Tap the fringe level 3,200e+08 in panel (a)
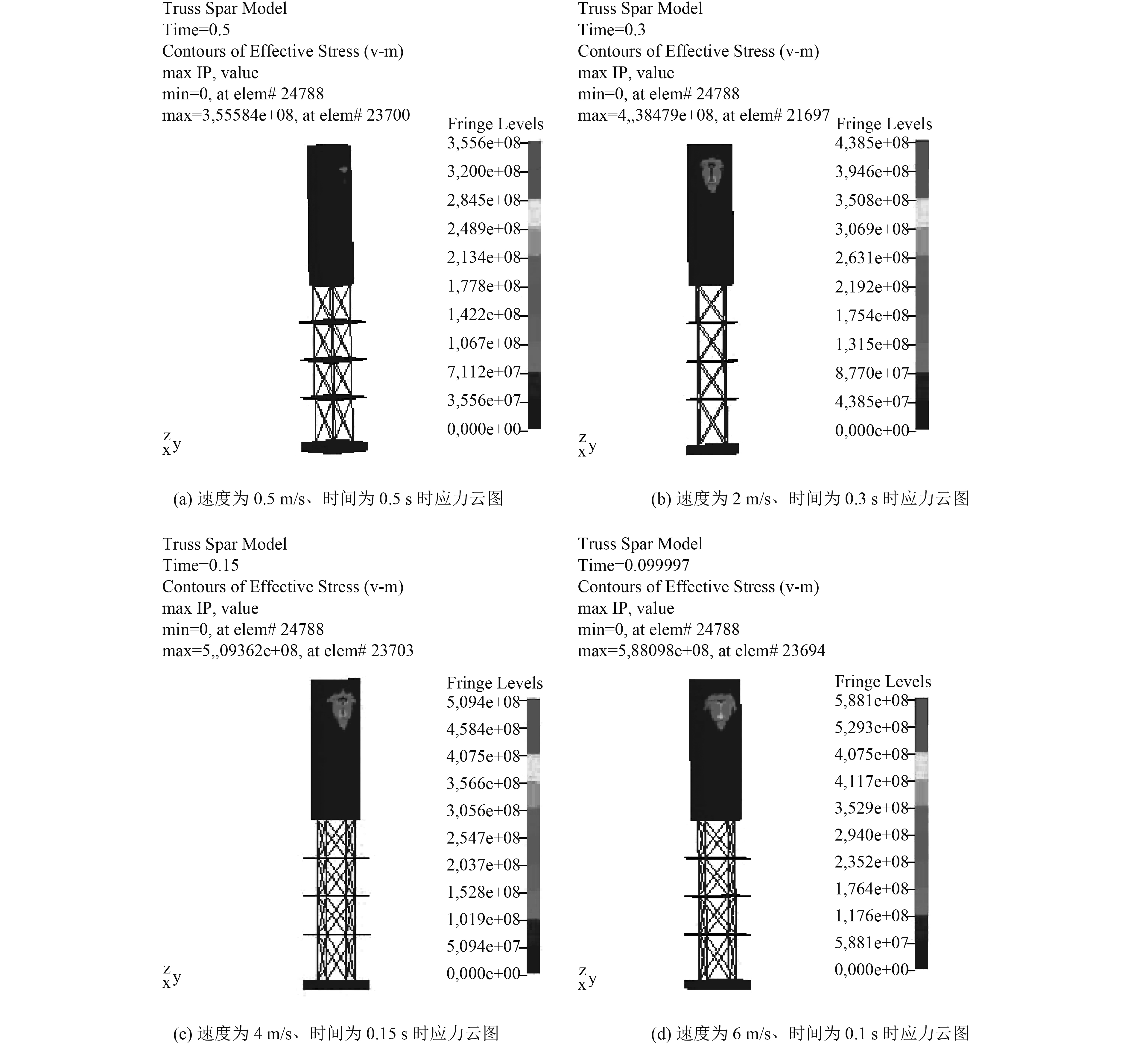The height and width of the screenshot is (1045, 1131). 484,171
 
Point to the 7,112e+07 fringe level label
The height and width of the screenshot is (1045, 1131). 484,372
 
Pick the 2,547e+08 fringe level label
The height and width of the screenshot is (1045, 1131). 483,838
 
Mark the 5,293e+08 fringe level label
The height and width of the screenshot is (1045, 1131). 872,727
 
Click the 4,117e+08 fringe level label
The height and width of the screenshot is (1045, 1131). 872,782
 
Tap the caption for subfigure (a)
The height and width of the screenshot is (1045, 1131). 338,499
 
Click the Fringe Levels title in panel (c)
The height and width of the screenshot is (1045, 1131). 495,683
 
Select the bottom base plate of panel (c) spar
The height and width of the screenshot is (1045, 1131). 336,985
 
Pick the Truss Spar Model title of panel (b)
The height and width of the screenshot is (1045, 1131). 640,8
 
